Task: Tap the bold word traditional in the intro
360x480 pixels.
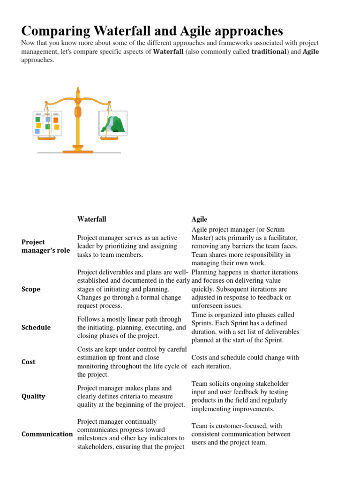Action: [269, 52]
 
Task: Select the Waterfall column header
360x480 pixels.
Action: [91, 219]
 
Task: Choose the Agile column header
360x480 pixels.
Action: [199, 219]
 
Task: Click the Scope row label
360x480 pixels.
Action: [31, 289]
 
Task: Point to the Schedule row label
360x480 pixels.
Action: [36, 327]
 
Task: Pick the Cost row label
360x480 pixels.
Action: [29, 362]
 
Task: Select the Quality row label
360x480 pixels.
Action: [33, 396]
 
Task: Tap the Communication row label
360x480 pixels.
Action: [47, 434]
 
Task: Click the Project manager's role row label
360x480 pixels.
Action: [45, 246]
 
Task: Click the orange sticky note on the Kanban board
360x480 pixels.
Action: [56, 120]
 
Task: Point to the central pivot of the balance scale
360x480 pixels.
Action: [78, 112]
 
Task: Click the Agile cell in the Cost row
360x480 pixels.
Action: [245, 362]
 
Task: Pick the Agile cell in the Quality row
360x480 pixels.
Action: [240, 396]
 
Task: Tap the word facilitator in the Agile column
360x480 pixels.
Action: [279, 238]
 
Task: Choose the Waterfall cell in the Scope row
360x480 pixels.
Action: [133, 289]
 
